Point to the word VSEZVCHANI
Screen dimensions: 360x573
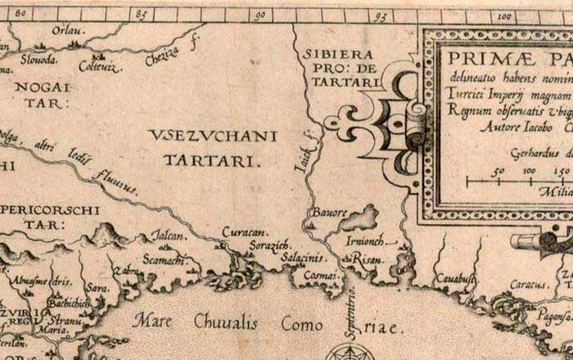(214, 136)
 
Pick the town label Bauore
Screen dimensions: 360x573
(323, 214)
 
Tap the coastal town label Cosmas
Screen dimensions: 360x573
(320, 276)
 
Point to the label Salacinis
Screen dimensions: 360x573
(304, 258)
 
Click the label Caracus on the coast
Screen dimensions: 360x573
(528, 285)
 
